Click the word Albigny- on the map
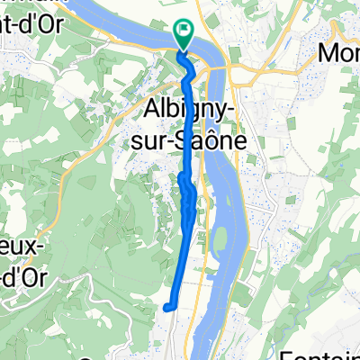click(x=186, y=112)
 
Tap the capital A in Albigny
click(x=152, y=111)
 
